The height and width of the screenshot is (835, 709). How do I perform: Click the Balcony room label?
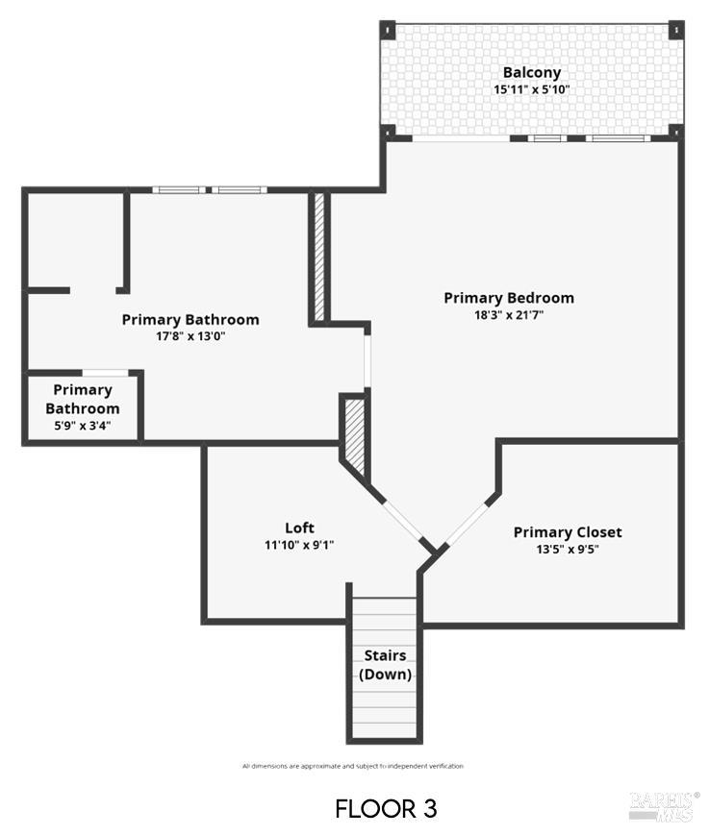(531, 72)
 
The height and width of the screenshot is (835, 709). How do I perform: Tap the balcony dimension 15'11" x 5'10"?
(531, 89)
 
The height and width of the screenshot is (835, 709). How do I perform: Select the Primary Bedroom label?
(508, 298)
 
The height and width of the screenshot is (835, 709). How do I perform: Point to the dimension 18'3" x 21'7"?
(508, 314)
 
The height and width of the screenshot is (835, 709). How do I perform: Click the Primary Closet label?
(567, 532)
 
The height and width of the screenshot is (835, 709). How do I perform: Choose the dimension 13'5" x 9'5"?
(567, 550)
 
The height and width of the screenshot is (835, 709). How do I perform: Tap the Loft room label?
(299, 528)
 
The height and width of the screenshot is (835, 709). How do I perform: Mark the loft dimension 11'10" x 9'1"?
(299, 545)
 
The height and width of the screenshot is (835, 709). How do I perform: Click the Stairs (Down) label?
(385, 665)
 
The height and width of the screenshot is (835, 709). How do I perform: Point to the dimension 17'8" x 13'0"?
(190, 336)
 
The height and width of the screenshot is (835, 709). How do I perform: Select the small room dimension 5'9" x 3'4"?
(83, 427)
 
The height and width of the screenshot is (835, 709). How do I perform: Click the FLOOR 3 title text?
(386, 808)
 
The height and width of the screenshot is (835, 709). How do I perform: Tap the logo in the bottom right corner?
(664, 805)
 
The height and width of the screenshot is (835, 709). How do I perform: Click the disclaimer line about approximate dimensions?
(352, 766)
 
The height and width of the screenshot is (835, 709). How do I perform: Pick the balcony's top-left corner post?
(388, 28)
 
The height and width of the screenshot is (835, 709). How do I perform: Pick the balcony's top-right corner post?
(676, 28)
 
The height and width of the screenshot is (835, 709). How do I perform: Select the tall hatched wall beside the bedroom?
(318, 258)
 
